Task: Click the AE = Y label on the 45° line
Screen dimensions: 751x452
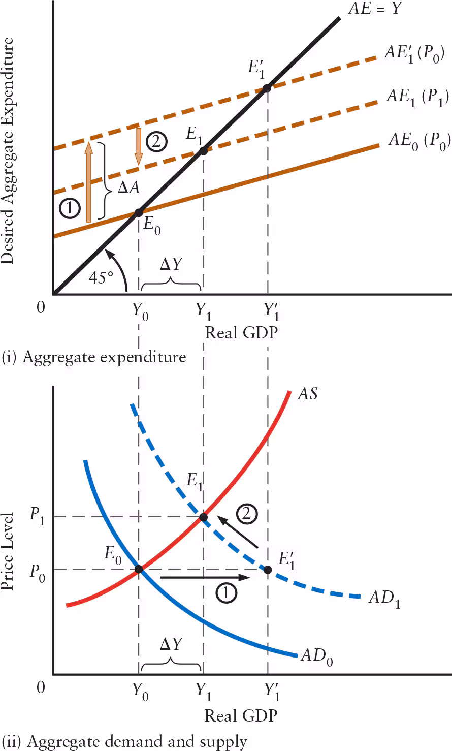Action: pyautogui.click(x=375, y=9)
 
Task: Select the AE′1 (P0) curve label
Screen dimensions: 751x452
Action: pyautogui.click(x=414, y=53)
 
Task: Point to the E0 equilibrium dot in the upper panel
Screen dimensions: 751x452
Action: pyautogui.click(x=139, y=212)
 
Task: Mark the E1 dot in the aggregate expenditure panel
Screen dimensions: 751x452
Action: pyautogui.click(x=203, y=150)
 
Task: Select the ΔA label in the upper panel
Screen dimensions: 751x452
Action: pyautogui.click(x=128, y=188)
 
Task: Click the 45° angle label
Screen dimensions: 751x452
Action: pyautogui.click(x=101, y=278)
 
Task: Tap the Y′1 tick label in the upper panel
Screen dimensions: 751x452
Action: pyautogui.click(x=271, y=311)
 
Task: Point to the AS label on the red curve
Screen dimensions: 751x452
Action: pyautogui.click(x=307, y=394)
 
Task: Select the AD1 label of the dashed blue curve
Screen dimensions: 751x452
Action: pyautogui.click(x=384, y=598)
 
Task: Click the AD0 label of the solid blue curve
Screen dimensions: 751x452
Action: pyautogui.click(x=316, y=656)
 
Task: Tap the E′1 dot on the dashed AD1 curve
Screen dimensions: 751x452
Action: pyautogui.click(x=268, y=569)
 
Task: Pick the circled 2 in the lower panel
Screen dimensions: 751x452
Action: pyautogui.click(x=246, y=514)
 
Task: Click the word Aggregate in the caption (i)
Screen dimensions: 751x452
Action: pyautogui.click(x=58, y=357)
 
